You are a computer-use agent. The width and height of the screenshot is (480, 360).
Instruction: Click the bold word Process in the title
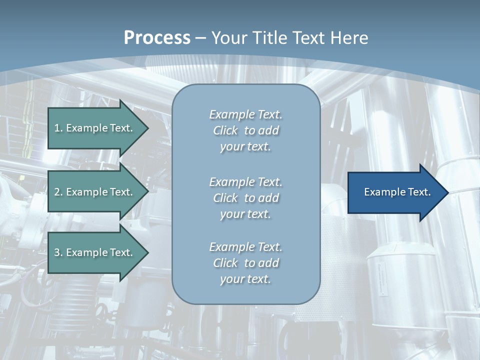click(157, 38)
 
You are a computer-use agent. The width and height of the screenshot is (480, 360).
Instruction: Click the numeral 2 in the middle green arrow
click(57, 192)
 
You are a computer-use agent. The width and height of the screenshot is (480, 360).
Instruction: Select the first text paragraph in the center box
click(245, 130)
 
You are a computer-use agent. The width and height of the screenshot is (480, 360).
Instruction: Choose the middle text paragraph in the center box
click(245, 198)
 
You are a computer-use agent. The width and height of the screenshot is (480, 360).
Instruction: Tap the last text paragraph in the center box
click(245, 263)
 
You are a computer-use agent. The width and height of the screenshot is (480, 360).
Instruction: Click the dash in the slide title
click(200, 38)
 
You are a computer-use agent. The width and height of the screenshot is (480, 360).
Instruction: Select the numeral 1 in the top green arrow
click(57, 128)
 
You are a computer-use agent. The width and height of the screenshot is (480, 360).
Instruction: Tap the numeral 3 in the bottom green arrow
click(57, 252)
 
